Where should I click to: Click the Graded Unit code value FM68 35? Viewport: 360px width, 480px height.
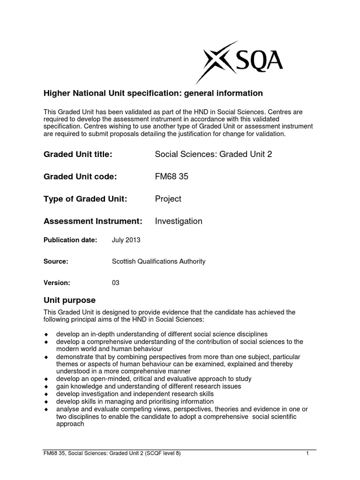172,177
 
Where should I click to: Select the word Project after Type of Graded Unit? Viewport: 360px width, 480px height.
168,199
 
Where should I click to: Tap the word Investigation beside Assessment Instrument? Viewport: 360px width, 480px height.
179,221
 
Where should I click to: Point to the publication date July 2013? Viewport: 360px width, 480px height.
126,240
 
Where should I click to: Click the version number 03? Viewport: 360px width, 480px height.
116,283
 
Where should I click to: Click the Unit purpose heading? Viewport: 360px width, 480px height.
69,300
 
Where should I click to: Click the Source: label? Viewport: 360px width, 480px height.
56,262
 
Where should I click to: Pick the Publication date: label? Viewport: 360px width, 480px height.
70,240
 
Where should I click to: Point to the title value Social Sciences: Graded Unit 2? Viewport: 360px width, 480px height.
213,155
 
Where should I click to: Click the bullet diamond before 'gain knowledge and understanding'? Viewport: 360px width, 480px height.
46,387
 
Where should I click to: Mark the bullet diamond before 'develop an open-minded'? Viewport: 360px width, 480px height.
46,379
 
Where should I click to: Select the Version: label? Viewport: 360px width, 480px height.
57,283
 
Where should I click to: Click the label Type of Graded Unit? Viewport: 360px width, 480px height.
85,199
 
